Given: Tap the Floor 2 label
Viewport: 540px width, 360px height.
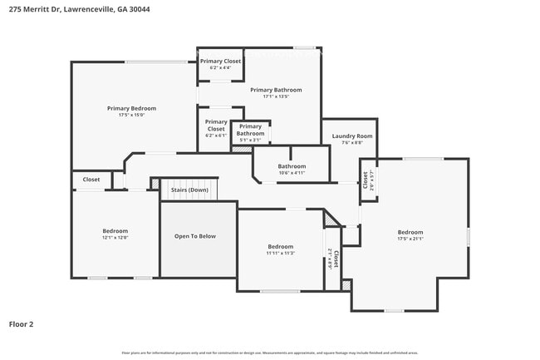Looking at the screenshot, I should (21, 323).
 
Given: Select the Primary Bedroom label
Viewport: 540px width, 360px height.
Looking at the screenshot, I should (131, 108).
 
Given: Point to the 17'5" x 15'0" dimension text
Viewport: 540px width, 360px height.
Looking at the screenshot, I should (131, 116).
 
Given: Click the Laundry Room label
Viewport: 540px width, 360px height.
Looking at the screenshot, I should (352, 136).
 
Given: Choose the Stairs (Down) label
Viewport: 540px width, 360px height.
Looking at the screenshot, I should (189, 190).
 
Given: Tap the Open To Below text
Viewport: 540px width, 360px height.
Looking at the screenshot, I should (194, 236).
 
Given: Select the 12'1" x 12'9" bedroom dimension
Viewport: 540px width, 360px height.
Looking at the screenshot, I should (115, 239).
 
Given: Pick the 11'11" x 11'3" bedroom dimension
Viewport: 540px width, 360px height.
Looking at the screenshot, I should (280, 254).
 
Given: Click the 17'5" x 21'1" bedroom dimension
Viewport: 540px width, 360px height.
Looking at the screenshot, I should (410, 239).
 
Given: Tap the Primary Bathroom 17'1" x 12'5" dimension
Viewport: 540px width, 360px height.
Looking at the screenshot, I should (276, 97).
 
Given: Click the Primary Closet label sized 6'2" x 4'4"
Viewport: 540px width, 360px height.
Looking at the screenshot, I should (220, 62).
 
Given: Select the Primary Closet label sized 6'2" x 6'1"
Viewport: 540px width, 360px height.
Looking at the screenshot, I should (216, 126).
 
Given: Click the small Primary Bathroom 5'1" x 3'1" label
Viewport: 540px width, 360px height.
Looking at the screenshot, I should (250, 130).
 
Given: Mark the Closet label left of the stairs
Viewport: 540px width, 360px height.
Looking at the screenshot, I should (91, 180).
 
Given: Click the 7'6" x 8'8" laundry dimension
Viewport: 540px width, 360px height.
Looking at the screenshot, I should (352, 143).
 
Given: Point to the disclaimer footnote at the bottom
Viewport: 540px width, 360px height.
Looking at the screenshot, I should (270, 353).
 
